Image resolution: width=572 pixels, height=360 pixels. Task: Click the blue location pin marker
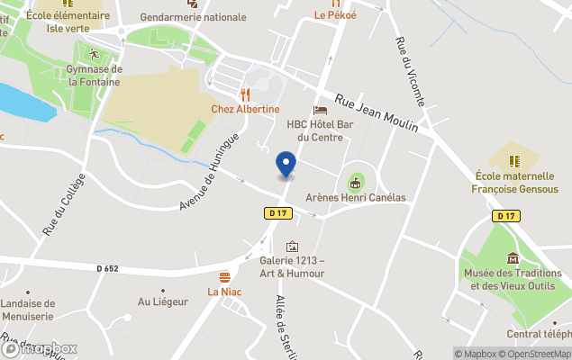pyautogui.click(x=286, y=164)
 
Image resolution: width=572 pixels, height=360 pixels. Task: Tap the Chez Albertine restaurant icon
pyautogui.click(x=244, y=94)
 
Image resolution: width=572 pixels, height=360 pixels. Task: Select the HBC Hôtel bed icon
pyautogui.click(x=320, y=110)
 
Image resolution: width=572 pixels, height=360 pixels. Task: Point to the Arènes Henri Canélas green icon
pyautogui.click(x=356, y=183)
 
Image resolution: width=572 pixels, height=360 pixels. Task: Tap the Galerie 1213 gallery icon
pyautogui.click(x=292, y=246)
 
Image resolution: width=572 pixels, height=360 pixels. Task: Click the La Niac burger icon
pyautogui.click(x=223, y=276)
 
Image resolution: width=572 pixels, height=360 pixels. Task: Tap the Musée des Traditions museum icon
pyautogui.click(x=513, y=258)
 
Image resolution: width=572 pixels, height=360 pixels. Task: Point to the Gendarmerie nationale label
pyautogui.click(x=194, y=17)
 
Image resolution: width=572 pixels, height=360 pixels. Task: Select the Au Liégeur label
pyautogui.click(x=162, y=301)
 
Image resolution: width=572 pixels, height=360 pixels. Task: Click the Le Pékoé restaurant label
pyautogui.click(x=335, y=15)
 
